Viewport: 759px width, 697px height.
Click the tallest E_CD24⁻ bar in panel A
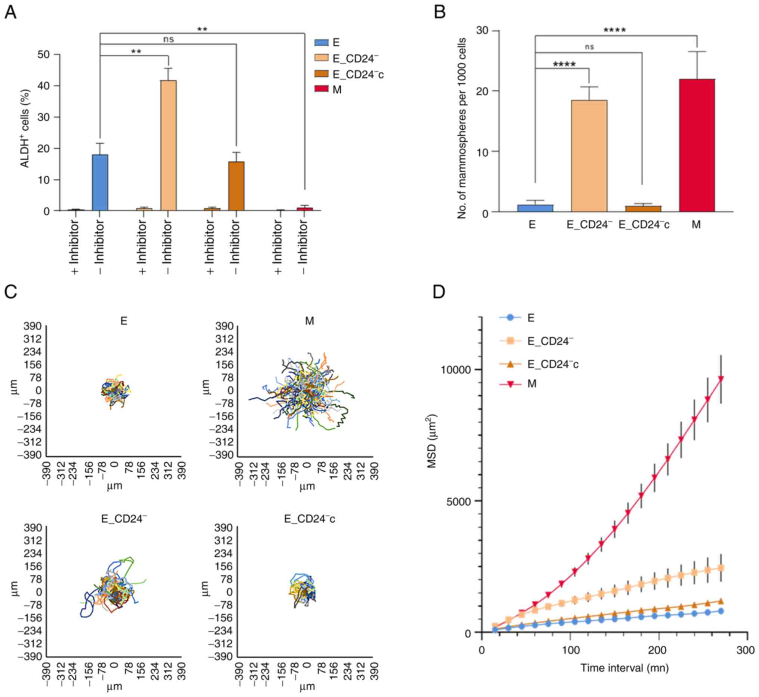[168, 145]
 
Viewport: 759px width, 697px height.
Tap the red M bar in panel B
[697, 145]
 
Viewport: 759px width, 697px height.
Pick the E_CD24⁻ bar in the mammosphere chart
[589, 156]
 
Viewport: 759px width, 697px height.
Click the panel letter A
[10, 13]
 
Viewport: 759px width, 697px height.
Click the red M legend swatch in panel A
[322, 90]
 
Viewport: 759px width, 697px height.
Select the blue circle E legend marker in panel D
[510, 318]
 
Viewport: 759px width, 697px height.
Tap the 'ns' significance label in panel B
[589, 47]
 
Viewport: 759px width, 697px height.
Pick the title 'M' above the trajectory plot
[309, 321]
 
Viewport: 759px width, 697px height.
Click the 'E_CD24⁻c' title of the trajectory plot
[309, 519]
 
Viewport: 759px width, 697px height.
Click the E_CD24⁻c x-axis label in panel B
[644, 225]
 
